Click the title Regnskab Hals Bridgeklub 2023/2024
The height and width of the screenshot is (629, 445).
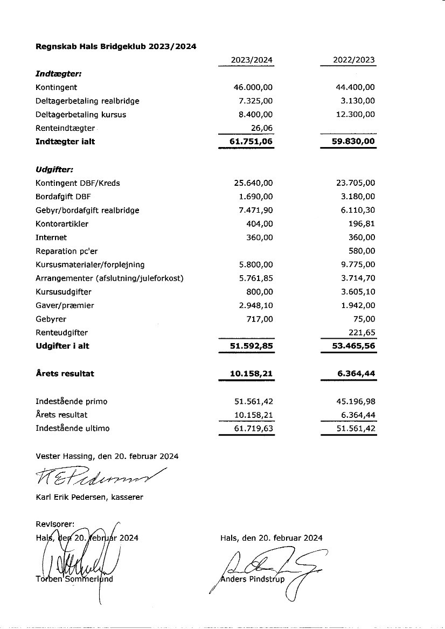[116, 47]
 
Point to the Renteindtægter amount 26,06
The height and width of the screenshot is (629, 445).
[262, 128]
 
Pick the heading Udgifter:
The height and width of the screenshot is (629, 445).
[54, 170]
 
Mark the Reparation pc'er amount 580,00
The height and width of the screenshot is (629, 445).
[362, 251]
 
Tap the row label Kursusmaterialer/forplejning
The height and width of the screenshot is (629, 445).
[90, 265]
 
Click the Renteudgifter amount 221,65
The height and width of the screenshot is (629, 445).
[362, 333]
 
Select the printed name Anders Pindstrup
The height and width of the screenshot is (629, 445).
[253, 579]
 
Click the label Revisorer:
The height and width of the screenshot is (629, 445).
[55, 524]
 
